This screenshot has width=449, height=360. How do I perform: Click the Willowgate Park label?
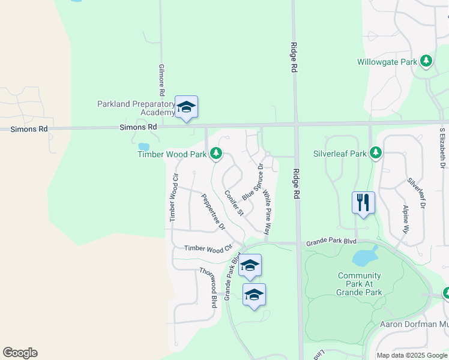tap(387, 62)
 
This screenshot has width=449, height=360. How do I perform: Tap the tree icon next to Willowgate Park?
tap(426, 61)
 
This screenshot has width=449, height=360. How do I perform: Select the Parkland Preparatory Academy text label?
tap(136, 108)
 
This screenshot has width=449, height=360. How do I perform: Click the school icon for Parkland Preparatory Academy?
tap(186, 107)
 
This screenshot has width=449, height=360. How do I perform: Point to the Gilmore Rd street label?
tap(161, 81)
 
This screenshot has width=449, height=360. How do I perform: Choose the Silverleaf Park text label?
tap(339, 154)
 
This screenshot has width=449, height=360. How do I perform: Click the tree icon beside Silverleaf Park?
tap(376, 153)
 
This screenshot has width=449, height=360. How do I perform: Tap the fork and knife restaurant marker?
tap(363, 202)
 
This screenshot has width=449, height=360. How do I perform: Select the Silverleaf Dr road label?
tap(416, 193)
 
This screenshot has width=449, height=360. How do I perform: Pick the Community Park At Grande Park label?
tap(360, 284)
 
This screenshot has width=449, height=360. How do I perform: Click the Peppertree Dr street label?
tap(213, 212)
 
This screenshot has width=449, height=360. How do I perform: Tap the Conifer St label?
tap(234, 203)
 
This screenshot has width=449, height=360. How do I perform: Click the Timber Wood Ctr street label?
tap(208, 248)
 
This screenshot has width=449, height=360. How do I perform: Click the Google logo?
tap(20, 353)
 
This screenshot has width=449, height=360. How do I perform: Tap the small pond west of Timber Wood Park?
tap(143, 146)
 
